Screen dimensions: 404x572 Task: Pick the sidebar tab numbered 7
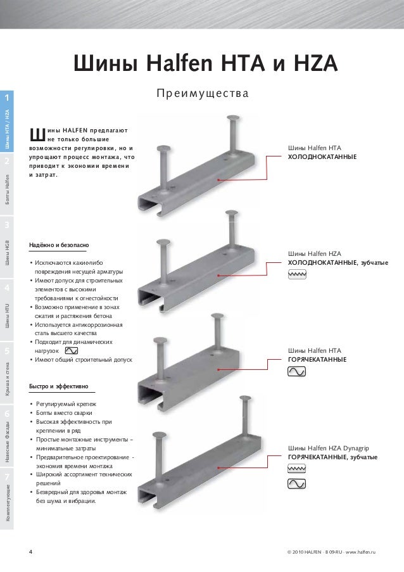click(6, 476)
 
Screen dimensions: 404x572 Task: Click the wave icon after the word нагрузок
click(71, 350)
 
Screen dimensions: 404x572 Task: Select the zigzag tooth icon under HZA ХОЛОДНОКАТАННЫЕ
click(297, 274)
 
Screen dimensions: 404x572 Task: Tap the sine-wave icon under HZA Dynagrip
click(297, 484)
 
